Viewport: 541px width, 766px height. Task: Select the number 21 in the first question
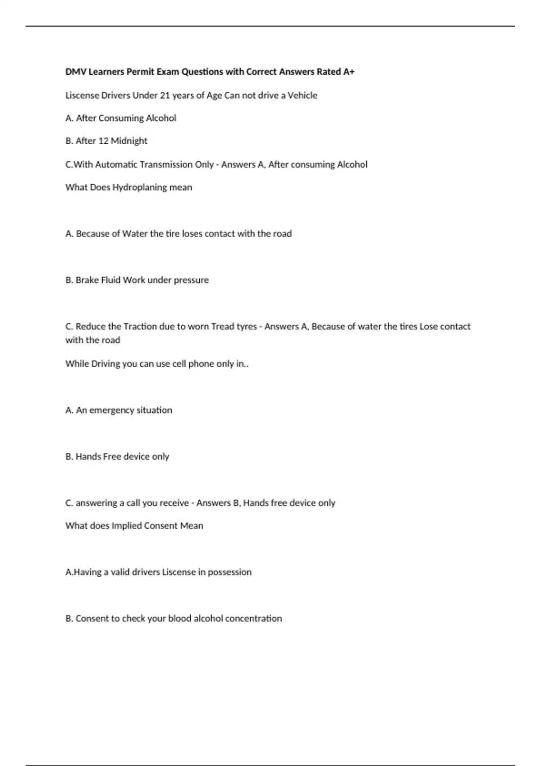[x=165, y=96]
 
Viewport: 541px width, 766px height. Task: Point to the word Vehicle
[x=302, y=96]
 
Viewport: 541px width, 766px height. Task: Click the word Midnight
[x=129, y=141]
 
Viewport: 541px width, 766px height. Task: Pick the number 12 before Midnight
[x=103, y=141]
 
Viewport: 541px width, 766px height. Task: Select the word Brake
[x=86, y=280]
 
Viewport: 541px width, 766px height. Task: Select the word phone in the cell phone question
[x=201, y=364]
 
